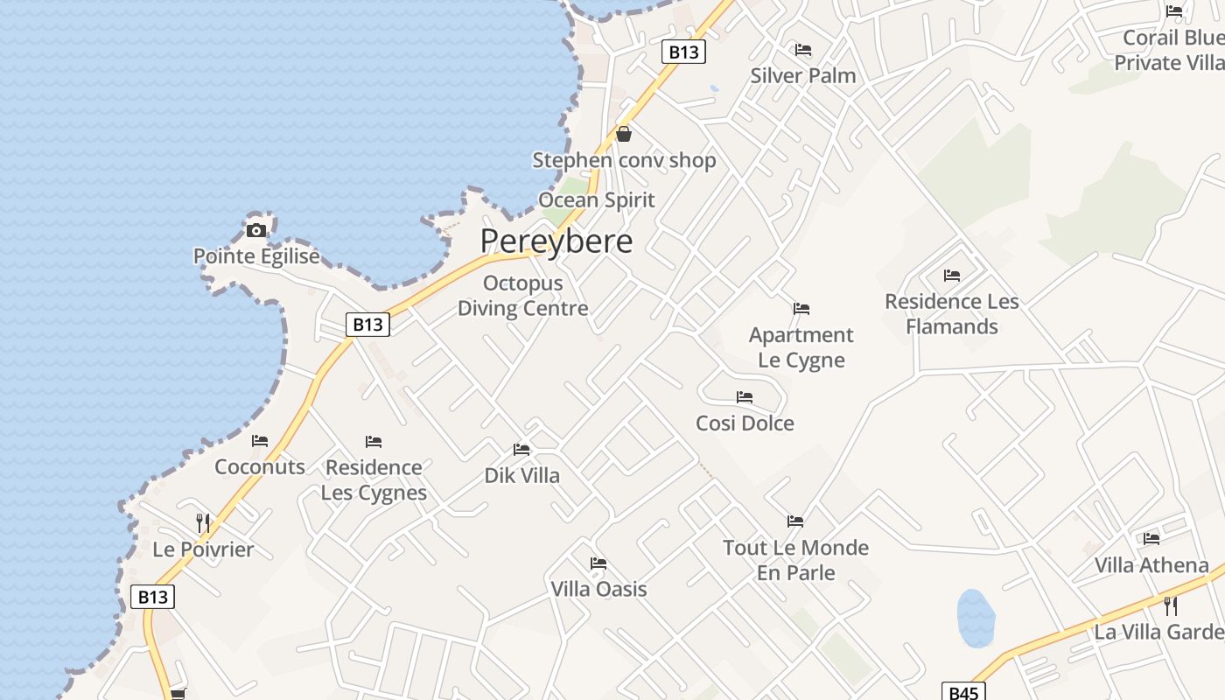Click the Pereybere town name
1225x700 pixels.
pos(556,241)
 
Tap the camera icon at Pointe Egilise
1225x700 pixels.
pos(256,230)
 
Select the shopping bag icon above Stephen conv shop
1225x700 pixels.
pos(624,134)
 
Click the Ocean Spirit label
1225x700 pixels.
pos(597,199)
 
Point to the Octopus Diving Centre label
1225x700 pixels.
pos(523,296)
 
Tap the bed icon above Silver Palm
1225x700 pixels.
pos(803,50)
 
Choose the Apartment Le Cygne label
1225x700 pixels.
pos(801,347)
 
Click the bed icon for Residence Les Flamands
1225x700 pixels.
pos(952,276)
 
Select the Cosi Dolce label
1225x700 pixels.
pos(745,423)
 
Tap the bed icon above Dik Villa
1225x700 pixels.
pos(521,450)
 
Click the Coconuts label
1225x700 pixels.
pos(260,466)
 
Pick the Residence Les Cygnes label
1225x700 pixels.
pos(374,479)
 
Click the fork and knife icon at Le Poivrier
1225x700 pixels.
pos(203,523)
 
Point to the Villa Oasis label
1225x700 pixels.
pos(598,589)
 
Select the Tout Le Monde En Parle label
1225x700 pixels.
pos(795,560)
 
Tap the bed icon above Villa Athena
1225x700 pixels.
pos(1151,539)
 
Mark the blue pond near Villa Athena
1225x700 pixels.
pos(976,618)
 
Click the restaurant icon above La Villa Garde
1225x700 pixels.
pos(1171,605)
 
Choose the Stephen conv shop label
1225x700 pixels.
pos(624,160)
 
